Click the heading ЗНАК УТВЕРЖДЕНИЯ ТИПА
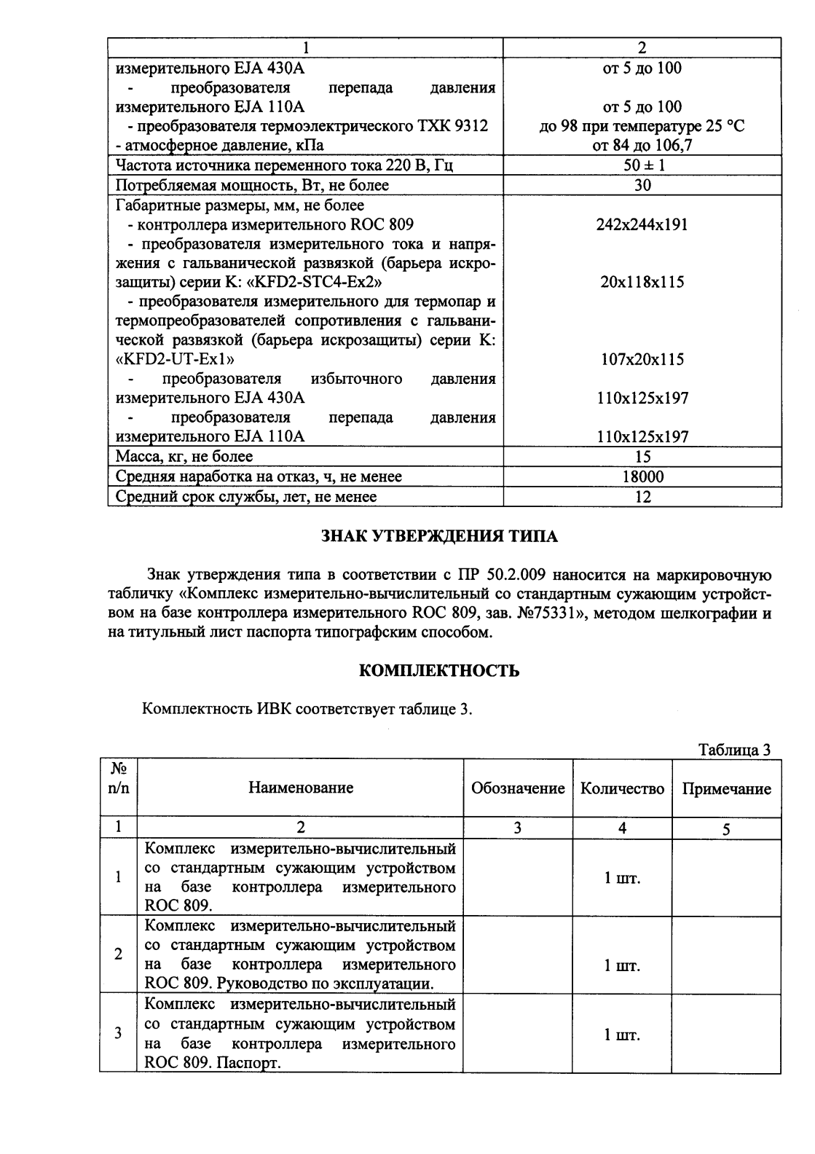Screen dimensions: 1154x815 coord(439,537)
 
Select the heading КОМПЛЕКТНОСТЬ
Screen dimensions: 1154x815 coord(439,671)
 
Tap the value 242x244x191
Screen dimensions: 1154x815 coord(642,224)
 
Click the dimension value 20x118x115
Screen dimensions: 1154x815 coord(642,282)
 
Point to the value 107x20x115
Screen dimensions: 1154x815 coord(642,359)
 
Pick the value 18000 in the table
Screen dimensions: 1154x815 coord(642,477)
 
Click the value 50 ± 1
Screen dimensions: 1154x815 coord(642,165)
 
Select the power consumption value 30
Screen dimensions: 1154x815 coord(642,185)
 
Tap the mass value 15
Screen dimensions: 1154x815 coord(642,457)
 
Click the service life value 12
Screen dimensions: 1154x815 coord(642,497)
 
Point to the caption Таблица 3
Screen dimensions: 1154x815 coord(734,750)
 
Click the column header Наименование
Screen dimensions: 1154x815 coord(301,788)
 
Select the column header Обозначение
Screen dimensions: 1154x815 coord(518,788)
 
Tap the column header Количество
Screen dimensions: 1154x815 coord(622,788)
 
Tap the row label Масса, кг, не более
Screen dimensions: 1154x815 coord(185,457)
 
